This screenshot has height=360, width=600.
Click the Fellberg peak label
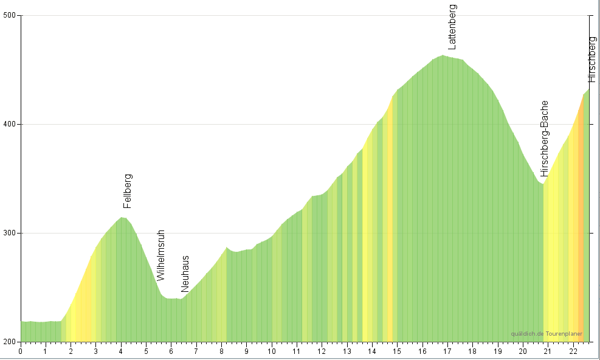[x=128, y=191]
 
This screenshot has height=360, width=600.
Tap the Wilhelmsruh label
[x=160, y=255]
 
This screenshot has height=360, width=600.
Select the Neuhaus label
[x=185, y=274]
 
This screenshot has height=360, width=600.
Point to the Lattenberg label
[x=452, y=27]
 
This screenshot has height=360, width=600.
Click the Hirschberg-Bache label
[x=544, y=139]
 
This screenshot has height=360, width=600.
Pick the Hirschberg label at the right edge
[x=593, y=60]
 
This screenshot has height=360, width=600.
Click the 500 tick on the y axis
[x=10, y=16]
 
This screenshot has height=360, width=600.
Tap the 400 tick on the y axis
[x=10, y=125]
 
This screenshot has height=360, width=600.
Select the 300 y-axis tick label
[x=10, y=233]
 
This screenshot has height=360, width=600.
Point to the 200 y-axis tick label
[x=10, y=342]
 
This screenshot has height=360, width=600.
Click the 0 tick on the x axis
[x=21, y=351]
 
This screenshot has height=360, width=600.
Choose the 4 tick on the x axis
[x=121, y=351]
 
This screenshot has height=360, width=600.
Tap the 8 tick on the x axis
[x=221, y=351]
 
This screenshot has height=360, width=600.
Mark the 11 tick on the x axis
[x=297, y=351]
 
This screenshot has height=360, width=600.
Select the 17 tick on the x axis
[x=447, y=351]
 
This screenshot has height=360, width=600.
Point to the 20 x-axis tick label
[x=523, y=351]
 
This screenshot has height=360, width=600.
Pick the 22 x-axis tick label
[x=573, y=351]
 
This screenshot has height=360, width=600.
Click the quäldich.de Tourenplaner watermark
[x=547, y=334]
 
